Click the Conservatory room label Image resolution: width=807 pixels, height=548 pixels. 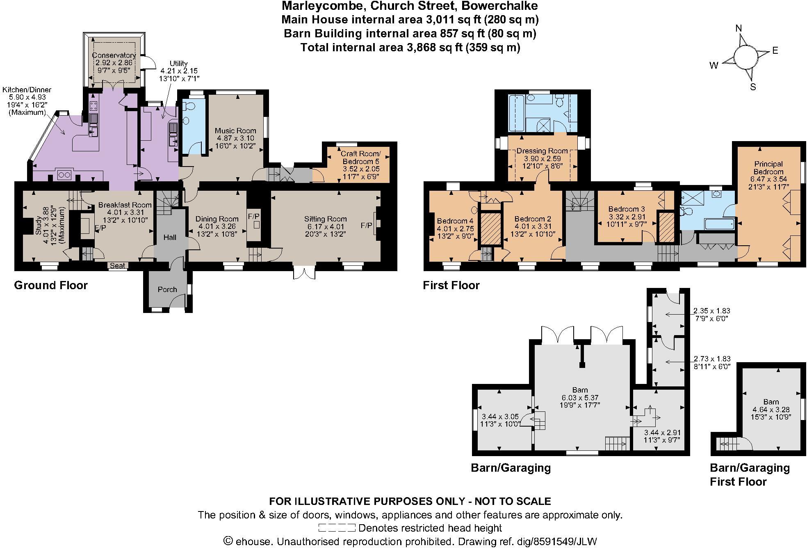click(x=114, y=55)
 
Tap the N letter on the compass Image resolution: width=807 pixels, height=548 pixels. click(x=739, y=28)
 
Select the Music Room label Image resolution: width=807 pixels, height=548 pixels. click(x=235, y=131)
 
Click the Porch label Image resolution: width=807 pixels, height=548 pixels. click(x=167, y=290)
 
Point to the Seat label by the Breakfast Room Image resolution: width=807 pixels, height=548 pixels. click(x=118, y=266)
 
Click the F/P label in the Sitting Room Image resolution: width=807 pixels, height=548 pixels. click(x=367, y=226)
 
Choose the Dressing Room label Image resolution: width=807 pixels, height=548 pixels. click(x=542, y=151)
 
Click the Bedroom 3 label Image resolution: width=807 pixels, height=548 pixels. click(x=623, y=209)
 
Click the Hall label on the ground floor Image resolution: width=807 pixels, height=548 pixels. click(x=170, y=237)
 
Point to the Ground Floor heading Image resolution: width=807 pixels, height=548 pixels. click(x=51, y=285)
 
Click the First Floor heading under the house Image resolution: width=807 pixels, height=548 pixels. click(x=451, y=285)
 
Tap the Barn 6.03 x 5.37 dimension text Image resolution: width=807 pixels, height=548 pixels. click(x=580, y=397)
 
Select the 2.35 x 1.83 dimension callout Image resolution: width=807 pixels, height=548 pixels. click(x=711, y=311)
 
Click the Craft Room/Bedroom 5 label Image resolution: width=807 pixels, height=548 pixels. click(x=360, y=158)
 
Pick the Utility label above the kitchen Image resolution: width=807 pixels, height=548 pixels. click(x=179, y=64)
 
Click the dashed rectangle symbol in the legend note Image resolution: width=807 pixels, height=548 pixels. click(x=337, y=528)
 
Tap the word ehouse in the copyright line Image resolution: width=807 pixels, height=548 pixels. click(x=253, y=541)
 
